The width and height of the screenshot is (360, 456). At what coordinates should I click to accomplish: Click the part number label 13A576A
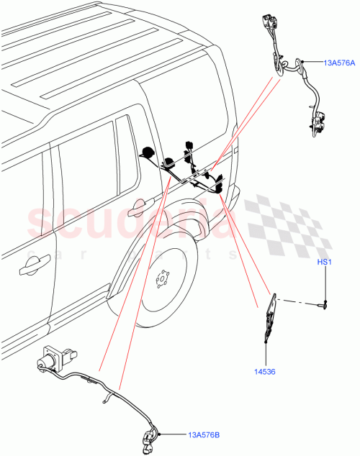pos(338,63)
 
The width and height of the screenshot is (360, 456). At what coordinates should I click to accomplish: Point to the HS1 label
pos(324,264)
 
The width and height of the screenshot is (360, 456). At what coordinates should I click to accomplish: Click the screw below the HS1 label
pos(324,303)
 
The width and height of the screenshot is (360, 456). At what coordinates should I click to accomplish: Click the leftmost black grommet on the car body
pos(147,152)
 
